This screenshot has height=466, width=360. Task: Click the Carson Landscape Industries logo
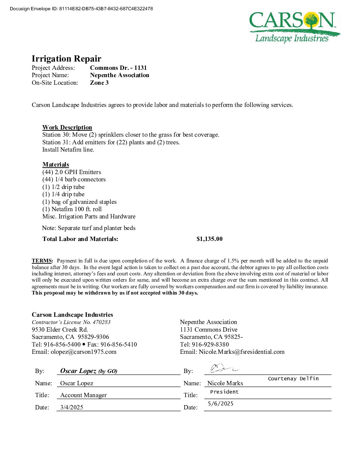click(x=294, y=27)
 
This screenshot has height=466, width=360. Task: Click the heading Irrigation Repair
click(x=67, y=59)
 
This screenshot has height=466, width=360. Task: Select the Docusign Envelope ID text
click(x=81, y=9)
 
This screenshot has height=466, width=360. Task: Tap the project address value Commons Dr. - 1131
click(x=118, y=68)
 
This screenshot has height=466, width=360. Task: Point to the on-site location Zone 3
click(x=99, y=83)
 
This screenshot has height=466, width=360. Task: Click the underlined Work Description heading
click(x=67, y=127)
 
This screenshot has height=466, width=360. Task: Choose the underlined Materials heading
click(x=56, y=164)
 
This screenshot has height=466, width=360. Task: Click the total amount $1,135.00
click(x=209, y=239)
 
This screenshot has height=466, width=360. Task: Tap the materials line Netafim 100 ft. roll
click(x=72, y=209)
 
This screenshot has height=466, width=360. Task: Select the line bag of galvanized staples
click(x=79, y=202)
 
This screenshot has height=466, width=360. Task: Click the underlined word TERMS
click(x=42, y=261)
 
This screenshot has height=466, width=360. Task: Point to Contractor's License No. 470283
click(x=71, y=322)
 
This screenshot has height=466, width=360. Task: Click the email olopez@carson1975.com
click(x=83, y=352)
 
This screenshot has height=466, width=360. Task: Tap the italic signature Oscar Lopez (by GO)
click(x=89, y=371)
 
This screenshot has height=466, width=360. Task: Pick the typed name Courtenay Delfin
click(x=293, y=379)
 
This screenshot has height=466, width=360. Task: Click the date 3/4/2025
click(x=72, y=407)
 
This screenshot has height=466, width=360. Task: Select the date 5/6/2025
click(x=221, y=404)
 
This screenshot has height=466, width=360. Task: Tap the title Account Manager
click(x=83, y=395)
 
